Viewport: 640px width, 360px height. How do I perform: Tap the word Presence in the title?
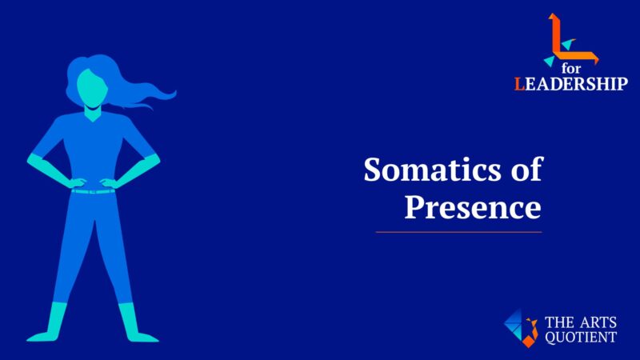[472, 206]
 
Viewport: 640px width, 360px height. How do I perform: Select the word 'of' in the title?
[525, 170]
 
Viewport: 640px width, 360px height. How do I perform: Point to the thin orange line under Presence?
[458, 232]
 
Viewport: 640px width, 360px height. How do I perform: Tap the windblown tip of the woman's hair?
[170, 94]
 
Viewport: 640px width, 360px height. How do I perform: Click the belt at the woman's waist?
[93, 191]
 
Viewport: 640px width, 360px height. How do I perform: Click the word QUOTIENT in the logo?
[580, 338]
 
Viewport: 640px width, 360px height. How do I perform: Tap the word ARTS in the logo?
[597, 323]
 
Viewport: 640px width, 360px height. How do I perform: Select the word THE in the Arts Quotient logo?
[558, 323]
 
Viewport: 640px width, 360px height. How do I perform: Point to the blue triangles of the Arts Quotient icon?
[515, 323]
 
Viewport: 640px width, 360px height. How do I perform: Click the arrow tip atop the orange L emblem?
[552, 17]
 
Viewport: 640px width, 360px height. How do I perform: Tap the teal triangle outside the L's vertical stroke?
[549, 60]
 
